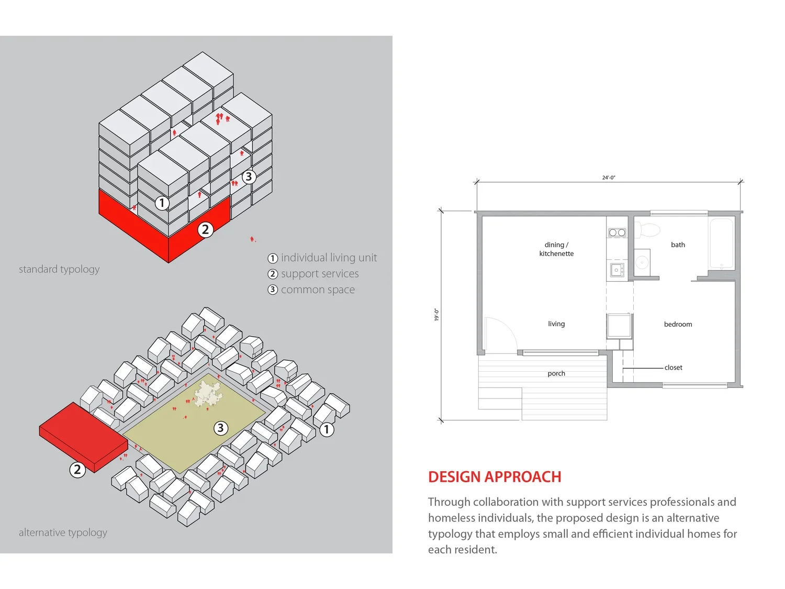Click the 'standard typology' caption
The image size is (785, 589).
point(59,269)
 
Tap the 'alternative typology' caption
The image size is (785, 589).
point(63,532)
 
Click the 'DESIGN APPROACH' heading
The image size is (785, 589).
point(494,477)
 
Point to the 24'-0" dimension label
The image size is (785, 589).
point(609,177)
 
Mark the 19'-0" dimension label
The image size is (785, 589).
point(436,315)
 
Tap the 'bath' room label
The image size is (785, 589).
point(678,245)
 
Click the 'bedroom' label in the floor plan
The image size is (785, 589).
point(678,324)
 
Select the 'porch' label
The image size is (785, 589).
point(556,373)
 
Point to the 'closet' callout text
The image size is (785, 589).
point(674,368)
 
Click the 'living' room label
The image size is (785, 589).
point(556,324)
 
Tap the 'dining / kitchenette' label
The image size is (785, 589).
point(556,249)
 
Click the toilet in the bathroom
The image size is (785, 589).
point(648,229)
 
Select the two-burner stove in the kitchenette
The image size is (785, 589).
point(617,232)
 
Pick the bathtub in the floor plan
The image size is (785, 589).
point(722,243)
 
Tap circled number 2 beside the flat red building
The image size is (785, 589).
point(77,469)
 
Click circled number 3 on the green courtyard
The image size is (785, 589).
point(221,428)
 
